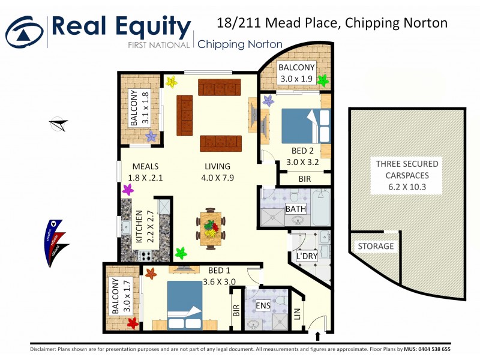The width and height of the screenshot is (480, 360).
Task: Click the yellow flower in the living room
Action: click(x=172, y=82)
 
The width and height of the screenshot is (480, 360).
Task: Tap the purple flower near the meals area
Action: click(x=128, y=190)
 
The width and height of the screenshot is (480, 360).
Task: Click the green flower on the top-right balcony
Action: click(x=323, y=80)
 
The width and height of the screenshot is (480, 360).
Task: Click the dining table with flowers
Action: click(x=210, y=228)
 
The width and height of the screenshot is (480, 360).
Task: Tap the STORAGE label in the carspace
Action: click(x=376, y=247)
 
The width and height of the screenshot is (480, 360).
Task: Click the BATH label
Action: click(x=296, y=209)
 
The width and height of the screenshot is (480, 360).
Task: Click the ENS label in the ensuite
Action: click(x=263, y=305)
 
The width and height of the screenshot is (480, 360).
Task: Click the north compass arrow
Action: click(x=58, y=124)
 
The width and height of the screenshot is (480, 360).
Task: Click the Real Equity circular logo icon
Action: click(x=24, y=30)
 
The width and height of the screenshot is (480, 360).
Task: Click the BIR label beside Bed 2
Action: click(x=304, y=179)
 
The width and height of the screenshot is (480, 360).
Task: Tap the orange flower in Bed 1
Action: click(x=151, y=274)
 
